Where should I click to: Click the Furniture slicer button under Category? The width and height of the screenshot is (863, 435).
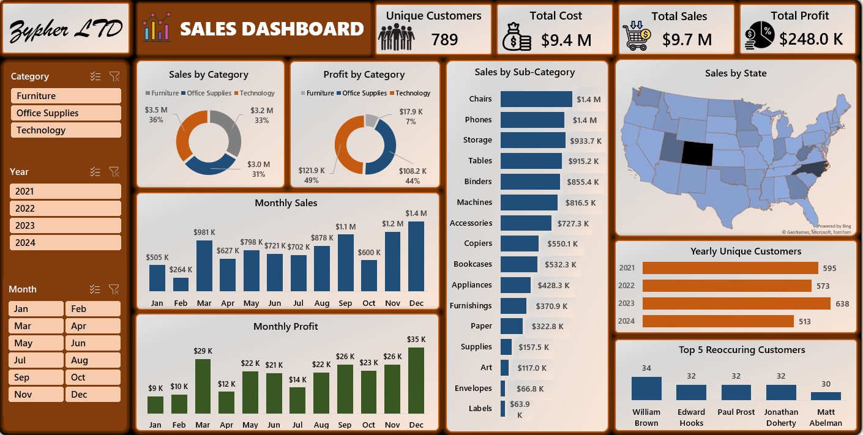tap(65, 96)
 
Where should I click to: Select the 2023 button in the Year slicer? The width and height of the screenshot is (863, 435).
tap(65, 226)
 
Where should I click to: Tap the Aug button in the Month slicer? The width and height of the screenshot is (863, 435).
tap(92, 360)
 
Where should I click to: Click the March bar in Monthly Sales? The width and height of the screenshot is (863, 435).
tap(204, 266)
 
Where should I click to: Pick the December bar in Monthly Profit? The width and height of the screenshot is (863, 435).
tap(416, 381)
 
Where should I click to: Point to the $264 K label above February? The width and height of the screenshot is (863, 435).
tap(181, 269)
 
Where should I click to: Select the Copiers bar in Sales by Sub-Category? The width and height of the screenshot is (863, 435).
tap(520, 244)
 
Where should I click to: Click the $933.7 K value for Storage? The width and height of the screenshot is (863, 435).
tap(586, 141)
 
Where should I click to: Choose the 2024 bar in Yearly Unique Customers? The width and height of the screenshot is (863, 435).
tap(718, 321)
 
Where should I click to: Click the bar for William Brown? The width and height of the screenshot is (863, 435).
tap(646, 389)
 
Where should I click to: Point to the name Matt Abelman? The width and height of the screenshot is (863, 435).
tap(826, 417)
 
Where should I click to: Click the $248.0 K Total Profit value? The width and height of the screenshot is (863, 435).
tap(811, 40)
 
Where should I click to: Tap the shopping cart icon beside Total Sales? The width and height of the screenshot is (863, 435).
tap(637, 37)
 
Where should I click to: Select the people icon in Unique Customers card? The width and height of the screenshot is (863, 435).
tap(396, 37)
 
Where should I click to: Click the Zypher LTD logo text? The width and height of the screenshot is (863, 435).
tap(66, 29)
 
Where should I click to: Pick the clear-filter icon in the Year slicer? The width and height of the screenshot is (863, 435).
tap(114, 172)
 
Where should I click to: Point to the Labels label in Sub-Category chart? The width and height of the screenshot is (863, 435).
tap(480, 409)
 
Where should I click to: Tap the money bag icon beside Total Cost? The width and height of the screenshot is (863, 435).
tap(517, 37)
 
